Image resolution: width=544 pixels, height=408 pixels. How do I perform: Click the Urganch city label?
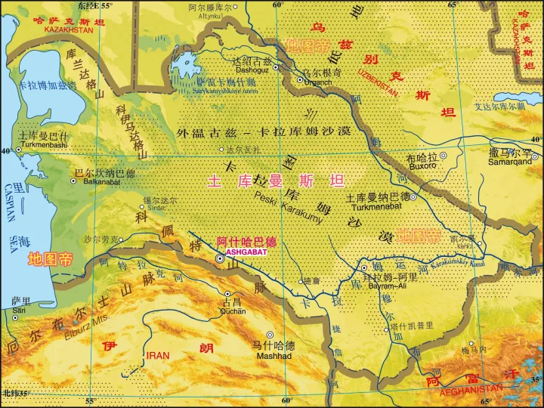click(x=317, y=82)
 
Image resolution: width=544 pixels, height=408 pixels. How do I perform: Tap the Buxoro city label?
click(x=422, y=165)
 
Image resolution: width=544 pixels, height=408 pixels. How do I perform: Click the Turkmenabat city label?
click(x=378, y=206)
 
